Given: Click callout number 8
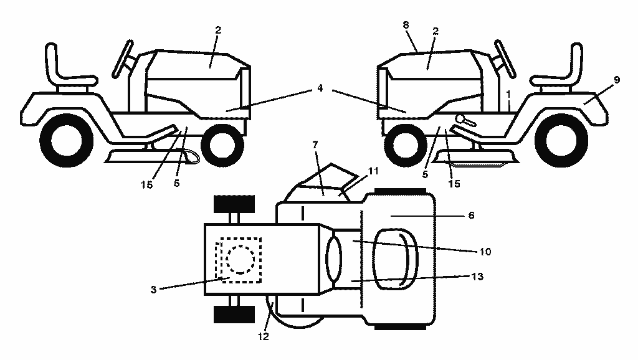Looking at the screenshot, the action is click(406, 25).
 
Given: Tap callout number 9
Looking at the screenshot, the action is click(617, 80).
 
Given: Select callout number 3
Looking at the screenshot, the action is click(153, 290).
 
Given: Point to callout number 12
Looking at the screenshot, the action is click(264, 336).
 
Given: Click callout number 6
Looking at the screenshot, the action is click(471, 215).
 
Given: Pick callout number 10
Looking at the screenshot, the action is click(485, 252).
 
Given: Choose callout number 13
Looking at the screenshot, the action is click(477, 277).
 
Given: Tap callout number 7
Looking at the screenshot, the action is click(315, 145).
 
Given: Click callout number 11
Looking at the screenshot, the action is click(373, 171).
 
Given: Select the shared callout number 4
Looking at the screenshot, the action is click(320, 88).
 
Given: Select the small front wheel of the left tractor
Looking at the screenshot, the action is click(222, 144).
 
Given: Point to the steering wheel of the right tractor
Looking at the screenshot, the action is click(505, 59).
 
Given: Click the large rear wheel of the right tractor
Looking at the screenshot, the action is click(561, 140).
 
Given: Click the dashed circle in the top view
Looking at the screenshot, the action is click(240, 259).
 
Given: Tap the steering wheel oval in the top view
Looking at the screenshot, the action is click(334, 259).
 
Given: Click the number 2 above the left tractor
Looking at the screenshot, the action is click(218, 30).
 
